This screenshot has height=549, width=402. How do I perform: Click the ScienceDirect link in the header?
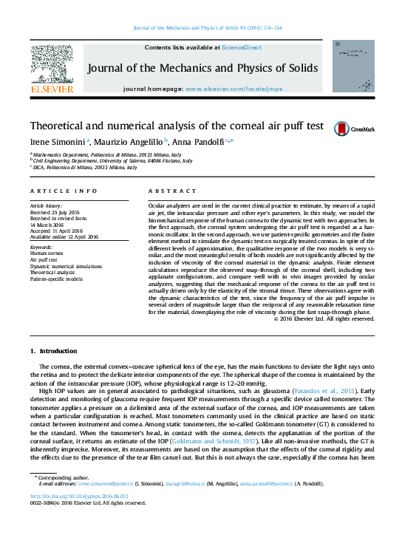click(x=243, y=47)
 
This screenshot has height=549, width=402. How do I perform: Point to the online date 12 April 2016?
click(x=85, y=236)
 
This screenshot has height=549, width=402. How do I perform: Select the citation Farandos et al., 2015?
click(x=316, y=389)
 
